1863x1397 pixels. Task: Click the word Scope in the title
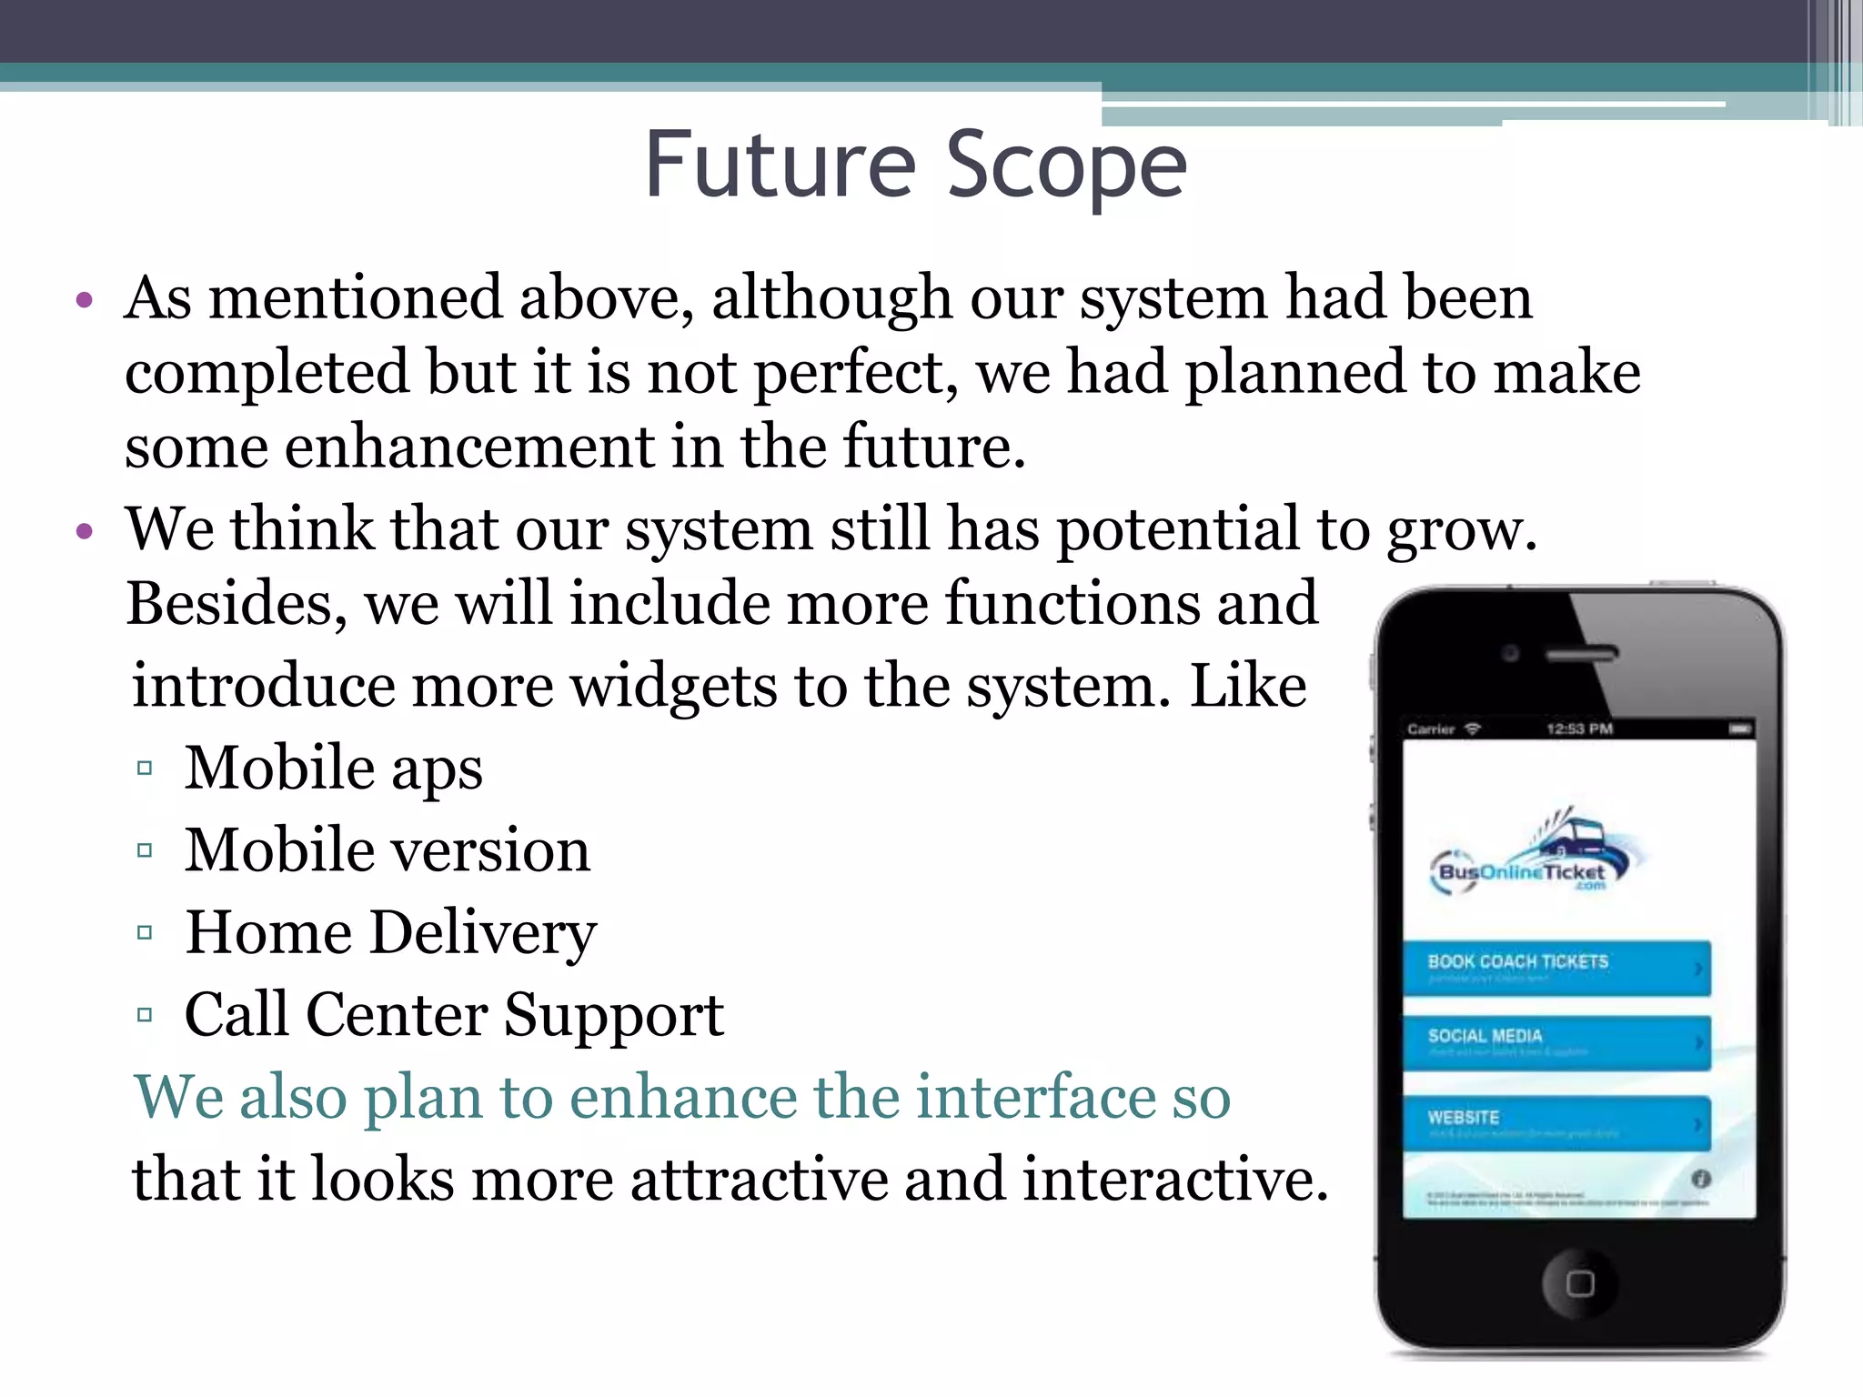coord(1066,166)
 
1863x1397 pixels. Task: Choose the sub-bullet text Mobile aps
coord(333,769)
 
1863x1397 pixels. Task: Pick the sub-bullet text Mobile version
coord(388,850)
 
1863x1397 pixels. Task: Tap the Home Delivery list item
coord(391,933)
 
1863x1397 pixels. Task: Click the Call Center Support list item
coord(454,1015)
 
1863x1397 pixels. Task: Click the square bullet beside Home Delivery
coord(145,933)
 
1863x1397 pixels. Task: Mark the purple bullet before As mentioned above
coord(86,301)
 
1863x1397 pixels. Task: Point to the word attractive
coord(758,1180)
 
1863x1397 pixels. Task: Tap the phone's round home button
coord(1579,1283)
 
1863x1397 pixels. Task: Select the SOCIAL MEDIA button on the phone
coord(1556,1042)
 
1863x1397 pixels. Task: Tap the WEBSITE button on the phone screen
coord(1556,1123)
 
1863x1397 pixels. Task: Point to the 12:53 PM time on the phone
coord(1579,729)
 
